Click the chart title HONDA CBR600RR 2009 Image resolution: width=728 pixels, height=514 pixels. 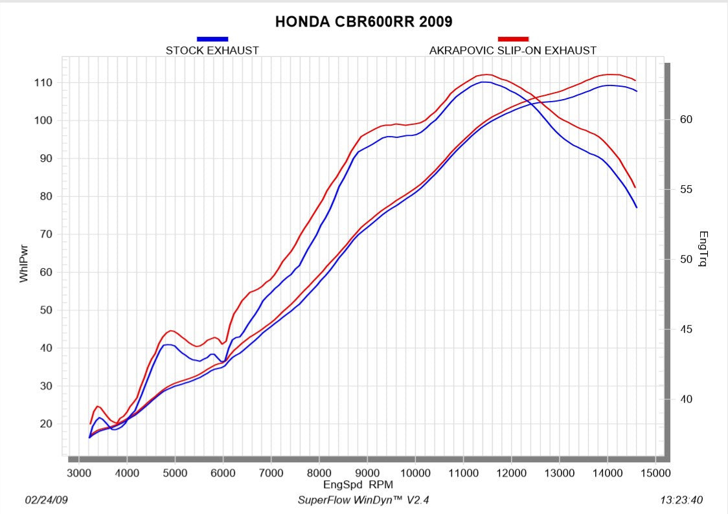point(363,21)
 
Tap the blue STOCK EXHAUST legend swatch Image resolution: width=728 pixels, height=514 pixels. point(212,39)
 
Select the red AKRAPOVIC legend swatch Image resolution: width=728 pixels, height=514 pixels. point(513,39)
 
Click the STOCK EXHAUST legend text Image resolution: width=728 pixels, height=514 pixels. point(212,50)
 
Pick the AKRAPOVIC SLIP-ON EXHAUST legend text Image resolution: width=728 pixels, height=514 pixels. point(513,50)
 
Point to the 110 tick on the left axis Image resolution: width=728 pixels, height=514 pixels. point(43,83)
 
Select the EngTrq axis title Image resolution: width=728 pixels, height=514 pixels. point(703,249)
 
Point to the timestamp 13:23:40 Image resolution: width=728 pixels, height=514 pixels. point(681,500)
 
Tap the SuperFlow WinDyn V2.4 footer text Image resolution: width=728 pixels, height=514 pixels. point(363,500)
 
